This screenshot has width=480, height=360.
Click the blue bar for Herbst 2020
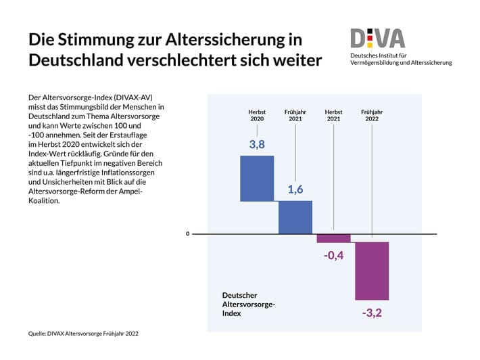257,179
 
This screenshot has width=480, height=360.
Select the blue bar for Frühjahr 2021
295,217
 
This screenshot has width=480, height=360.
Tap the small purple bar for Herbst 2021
334,238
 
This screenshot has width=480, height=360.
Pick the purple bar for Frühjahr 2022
373,271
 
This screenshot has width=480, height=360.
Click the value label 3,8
257,144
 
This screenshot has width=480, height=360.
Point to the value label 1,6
295,190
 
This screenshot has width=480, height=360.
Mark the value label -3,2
372,313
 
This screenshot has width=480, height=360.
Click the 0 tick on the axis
188,234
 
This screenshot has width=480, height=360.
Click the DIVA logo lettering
377,38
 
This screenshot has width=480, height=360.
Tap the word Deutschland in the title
76,60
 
